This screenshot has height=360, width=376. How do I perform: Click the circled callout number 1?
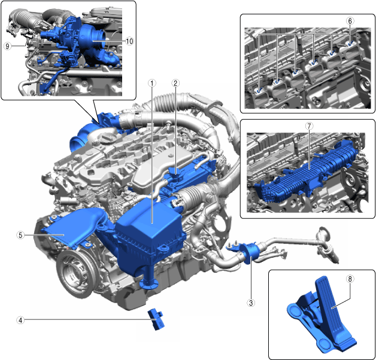pos(152,83)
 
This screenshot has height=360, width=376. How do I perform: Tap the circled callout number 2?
pos(175,83)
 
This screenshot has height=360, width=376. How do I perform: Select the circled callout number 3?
pos(251,303)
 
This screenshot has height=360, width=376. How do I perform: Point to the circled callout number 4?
pos(20,320)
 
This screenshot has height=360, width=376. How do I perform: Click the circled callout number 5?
pos(20,235)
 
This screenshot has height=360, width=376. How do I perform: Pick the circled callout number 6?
pos(350,21)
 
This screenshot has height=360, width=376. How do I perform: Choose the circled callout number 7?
pos(310,126)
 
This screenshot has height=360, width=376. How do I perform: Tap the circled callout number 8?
pos(350,279)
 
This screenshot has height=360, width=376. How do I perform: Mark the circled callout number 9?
pos(7,46)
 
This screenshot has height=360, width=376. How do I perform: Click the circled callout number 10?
pos(129,41)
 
